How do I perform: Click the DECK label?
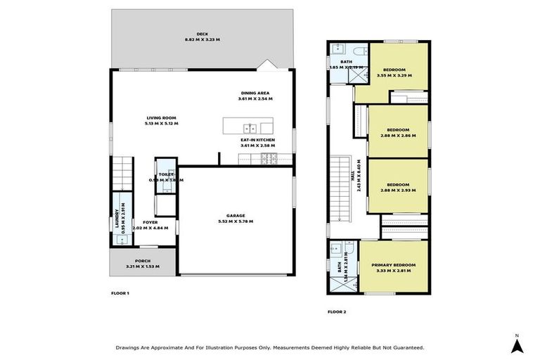pyautogui.click(x=202, y=33)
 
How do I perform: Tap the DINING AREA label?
pyautogui.click(x=254, y=93)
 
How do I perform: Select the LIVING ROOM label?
pyautogui.click(x=162, y=117)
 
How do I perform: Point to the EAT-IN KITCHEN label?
pyautogui.click(x=257, y=140)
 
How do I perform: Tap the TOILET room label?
pyautogui.click(x=166, y=174)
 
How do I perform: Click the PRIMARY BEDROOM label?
pyautogui.click(x=393, y=264)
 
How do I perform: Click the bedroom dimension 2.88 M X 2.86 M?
pyautogui.click(x=398, y=135)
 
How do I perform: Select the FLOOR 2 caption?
pyautogui.click(x=337, y=311)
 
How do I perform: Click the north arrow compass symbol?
pyautogui.click(x=516, y=345)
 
